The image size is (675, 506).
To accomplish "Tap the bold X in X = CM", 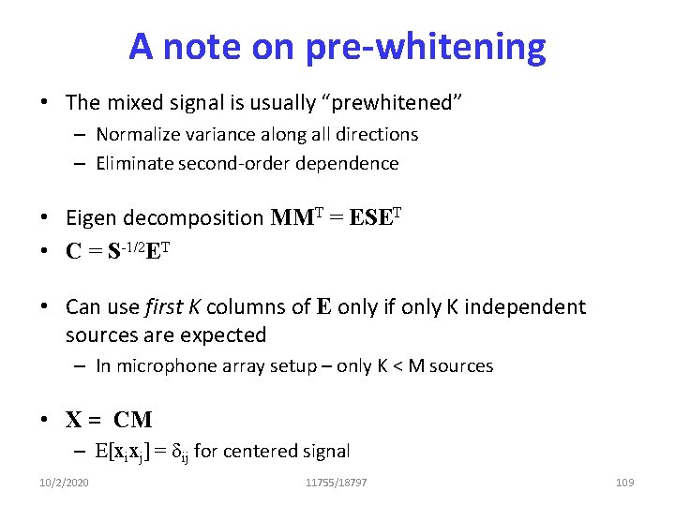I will [x=74, y=419].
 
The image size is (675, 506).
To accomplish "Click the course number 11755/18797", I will [x=337, y=483].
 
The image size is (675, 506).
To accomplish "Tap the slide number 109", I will [x=624, y=483].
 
